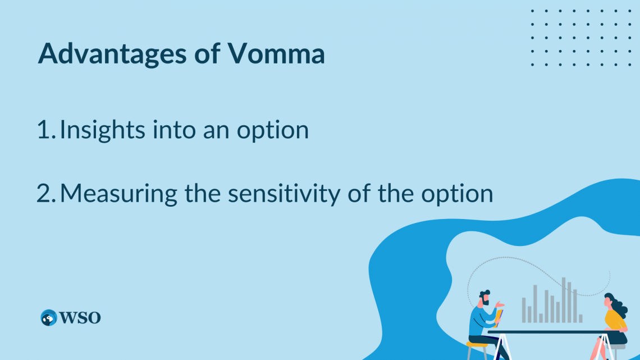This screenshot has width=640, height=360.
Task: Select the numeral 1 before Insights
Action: coord(44,130)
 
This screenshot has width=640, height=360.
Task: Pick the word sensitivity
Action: coord(301,193)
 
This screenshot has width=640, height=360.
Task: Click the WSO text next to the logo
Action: coord(80,318)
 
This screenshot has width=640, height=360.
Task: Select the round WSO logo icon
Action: coord(49,318)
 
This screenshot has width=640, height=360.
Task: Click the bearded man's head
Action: coord(484,297)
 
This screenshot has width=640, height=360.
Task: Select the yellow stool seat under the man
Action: coord(477,344)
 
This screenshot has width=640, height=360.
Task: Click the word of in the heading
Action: coord(208,54)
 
